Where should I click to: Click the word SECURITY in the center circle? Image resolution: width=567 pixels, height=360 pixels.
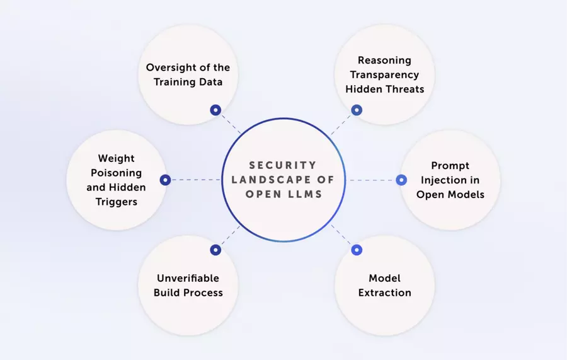point(283,165)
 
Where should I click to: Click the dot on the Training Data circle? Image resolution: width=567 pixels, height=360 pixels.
point(215,110)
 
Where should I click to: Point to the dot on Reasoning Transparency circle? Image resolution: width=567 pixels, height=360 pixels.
point(357,110)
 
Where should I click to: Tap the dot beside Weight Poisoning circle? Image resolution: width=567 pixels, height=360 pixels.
point(165,180)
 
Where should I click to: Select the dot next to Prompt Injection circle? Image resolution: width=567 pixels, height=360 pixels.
point(401,180)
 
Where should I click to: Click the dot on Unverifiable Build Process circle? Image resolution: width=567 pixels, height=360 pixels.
point(215,250)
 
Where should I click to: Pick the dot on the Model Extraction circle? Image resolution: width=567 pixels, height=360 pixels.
point(357,250)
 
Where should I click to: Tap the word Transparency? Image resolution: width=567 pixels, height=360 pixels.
point(384,75)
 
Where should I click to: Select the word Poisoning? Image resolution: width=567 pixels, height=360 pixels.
point(116,173)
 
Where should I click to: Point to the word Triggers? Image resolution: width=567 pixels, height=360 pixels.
point(117,202)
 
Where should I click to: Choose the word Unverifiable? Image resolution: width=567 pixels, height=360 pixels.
point(188,278)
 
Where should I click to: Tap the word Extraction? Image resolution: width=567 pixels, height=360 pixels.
point(385,293)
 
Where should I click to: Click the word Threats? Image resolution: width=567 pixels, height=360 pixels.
point(404,89)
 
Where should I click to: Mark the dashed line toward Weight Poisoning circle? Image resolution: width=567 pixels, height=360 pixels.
point(196,180)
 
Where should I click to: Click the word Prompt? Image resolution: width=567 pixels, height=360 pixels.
point(450,166)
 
